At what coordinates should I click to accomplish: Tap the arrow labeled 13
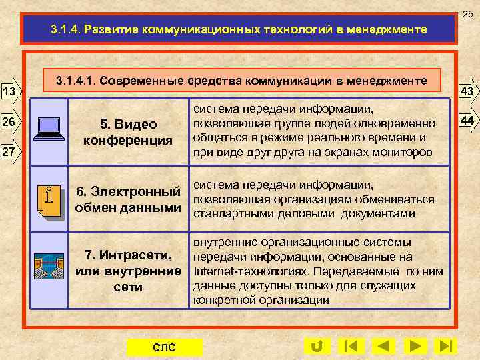(11, 90)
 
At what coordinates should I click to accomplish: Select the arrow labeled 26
(11, 122)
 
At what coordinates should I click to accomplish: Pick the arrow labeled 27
(11, 152)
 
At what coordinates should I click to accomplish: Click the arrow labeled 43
(467, 91)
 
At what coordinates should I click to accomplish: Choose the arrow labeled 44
(467, 120)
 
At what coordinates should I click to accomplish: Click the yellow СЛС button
(164, 347)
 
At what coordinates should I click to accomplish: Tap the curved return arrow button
(317, 346)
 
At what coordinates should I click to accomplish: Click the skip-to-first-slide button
(351, 346)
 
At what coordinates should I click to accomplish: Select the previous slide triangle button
(383, 346)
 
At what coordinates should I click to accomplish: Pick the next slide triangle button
(415, 346)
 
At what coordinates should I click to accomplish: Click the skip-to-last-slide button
(445, 346)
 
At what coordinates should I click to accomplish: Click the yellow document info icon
(49, 201)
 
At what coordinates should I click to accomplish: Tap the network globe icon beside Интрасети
(49, 265)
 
